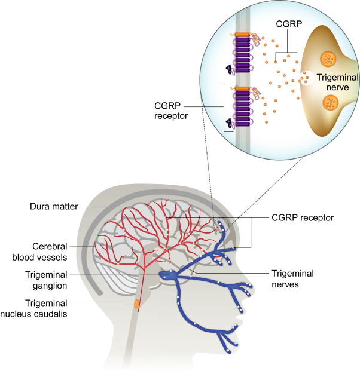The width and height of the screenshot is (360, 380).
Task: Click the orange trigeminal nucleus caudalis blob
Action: (x=136, y=304)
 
